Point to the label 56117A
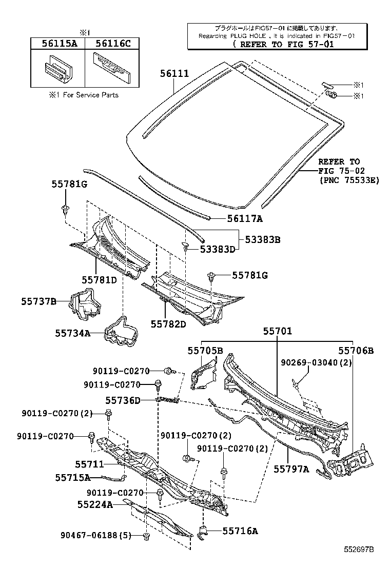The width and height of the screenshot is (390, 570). pyautogui.click(x=245, y=219)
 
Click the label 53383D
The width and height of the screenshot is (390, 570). pyautogui.click(x=217, y=249)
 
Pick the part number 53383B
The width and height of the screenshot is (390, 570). pyautogui.click(x=262, y=239)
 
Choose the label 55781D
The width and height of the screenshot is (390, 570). pyautogui.click(x=99, y=279)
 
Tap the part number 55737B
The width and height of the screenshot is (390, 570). pyautogui.click(x=38, y=302)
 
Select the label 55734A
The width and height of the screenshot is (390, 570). pyautogui.click(x=73, y=333)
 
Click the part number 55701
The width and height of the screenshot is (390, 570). pyautogui.click(x=278, y=331)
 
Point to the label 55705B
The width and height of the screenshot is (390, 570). pyautogui.click(x=205, y=351)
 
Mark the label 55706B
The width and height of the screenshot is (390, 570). pyautogui.click(x=356, y=351)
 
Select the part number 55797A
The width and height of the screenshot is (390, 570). pyautogui.click(x=291, y=468)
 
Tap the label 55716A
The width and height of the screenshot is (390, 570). pyautogui.click(x=240, y=531)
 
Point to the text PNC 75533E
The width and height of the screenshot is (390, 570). pyautogui.click(x=349, y=180)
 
